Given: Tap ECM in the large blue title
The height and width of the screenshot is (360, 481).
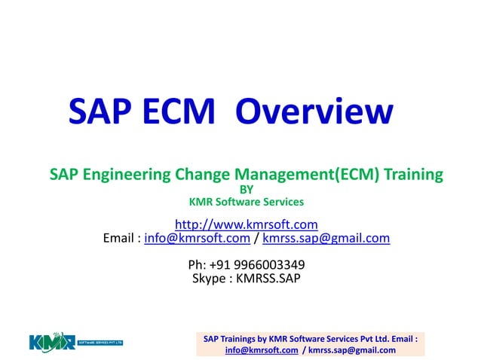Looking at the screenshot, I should click(x=178, y=113).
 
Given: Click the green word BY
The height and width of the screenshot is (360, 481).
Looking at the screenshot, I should click(x=246, y=189).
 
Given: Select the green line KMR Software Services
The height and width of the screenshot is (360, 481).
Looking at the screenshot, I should click(x=246, y=202).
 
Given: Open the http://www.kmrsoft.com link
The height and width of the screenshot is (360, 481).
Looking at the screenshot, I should click(x=246, y=224).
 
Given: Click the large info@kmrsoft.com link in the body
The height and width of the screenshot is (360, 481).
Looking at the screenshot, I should click(x=197, y=239).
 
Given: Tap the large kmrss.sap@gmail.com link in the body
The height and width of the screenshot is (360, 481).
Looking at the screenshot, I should click(x=326, y=239).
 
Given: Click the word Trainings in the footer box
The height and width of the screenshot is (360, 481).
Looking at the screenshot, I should click(x=241, y=339).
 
